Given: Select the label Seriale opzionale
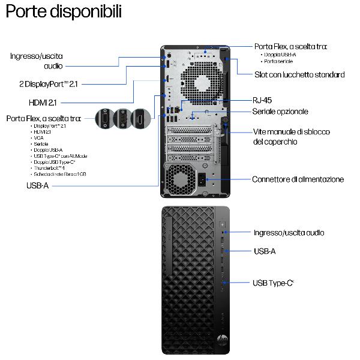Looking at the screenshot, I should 280,112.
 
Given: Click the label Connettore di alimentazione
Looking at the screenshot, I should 298,179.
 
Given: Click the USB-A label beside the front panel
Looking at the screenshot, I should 265,251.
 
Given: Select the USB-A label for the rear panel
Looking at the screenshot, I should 37,186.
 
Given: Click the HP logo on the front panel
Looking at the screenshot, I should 222,340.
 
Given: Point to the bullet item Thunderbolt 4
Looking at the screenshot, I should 49,168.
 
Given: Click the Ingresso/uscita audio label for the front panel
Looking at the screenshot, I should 289,233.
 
